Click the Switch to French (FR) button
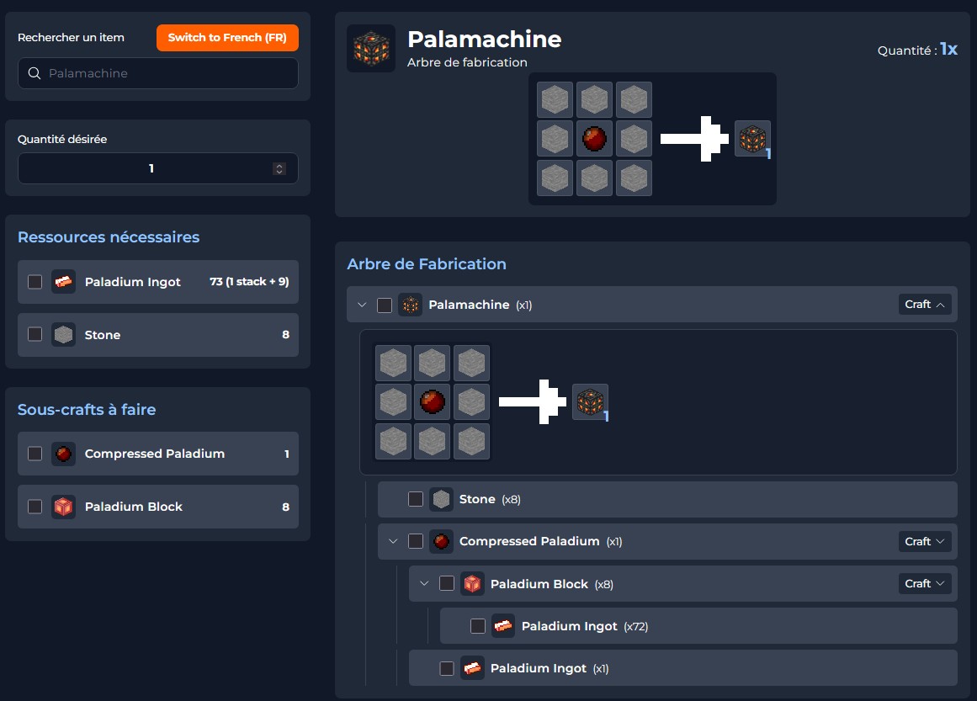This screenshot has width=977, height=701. click(x=227, y=38)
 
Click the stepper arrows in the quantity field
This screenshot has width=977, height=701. click(x=279, y=168)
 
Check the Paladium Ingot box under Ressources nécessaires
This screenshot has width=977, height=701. click(x=35, y=282)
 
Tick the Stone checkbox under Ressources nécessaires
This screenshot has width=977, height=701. click(x=35, y=335)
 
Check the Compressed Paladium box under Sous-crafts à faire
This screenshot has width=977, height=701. click(x=35, y=454)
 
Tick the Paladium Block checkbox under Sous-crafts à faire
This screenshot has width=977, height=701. click(x=35, y=507)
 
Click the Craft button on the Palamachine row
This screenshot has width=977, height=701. click(x=924, y=305)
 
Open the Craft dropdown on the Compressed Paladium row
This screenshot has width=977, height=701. click(x=924, y=541)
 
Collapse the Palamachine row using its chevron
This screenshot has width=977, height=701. click(x=362, y=305)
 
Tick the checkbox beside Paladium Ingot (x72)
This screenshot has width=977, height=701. click(x=478, y=626)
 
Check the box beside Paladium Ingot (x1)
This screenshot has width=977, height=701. click(x=447, y=668)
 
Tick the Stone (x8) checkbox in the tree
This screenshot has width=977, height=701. click(x=416, y=499)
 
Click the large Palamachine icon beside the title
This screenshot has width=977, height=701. click(x=371, y=49)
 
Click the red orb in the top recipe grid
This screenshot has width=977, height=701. click(x=595, y=139)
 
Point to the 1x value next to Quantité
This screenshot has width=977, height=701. click(x=948, y=50)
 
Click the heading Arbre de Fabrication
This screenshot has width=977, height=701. click(x=427, y=264)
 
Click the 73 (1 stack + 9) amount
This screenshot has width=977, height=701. click(x=249, y=282)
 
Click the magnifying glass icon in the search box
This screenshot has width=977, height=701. click(x=35, y=73)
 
